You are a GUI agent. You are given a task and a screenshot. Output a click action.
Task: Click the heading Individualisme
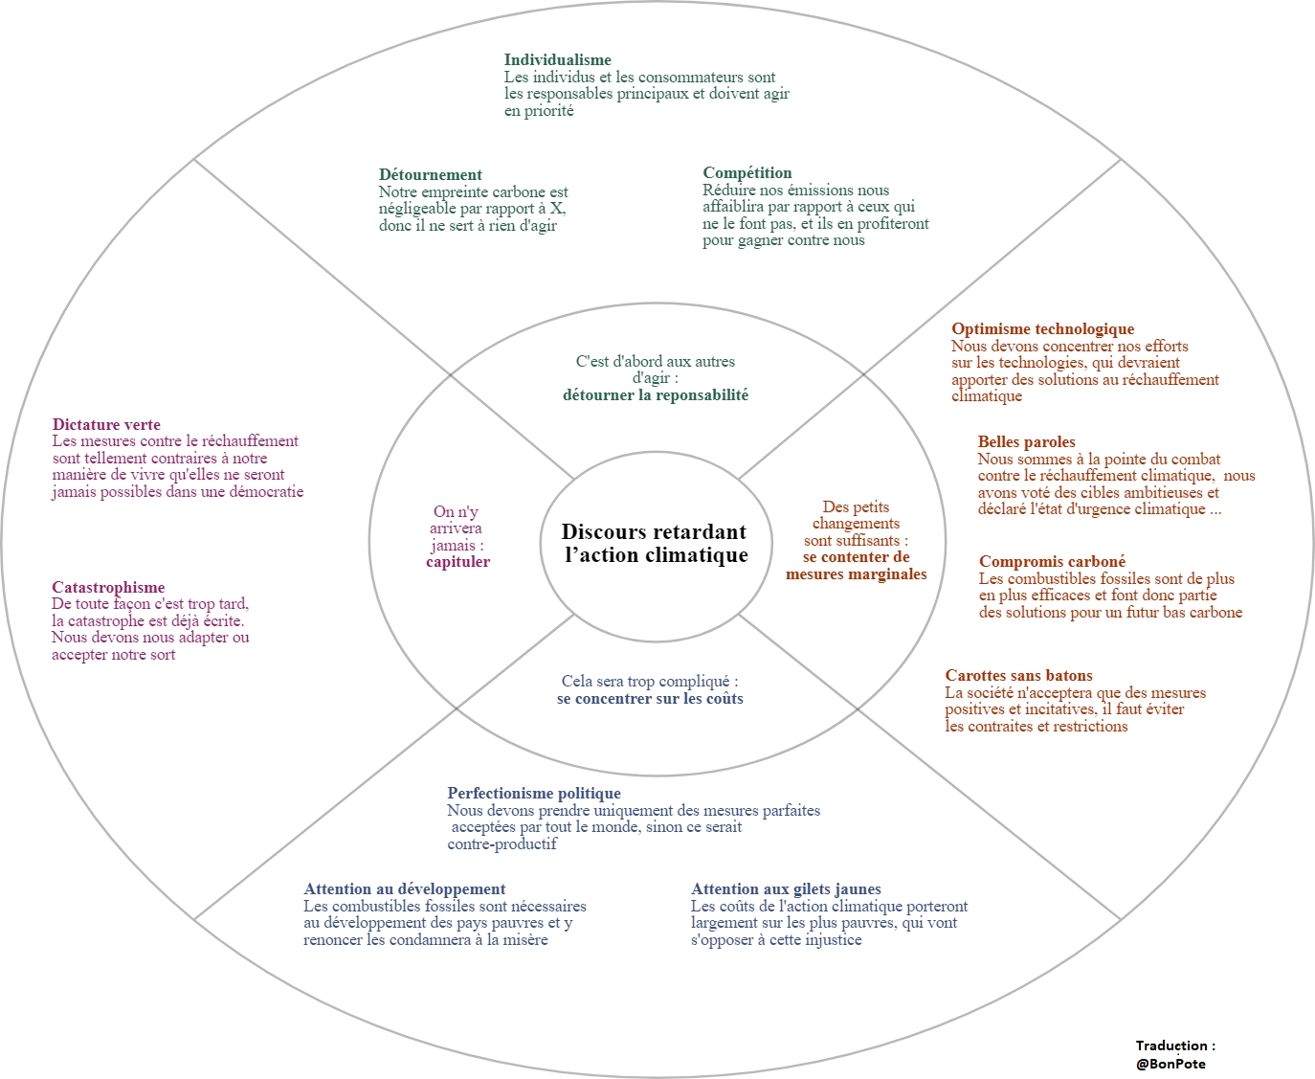tap(557, 60)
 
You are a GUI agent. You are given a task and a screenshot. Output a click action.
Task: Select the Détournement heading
tap(430, 175)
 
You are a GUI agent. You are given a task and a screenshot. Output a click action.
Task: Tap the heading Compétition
tap(747, 173)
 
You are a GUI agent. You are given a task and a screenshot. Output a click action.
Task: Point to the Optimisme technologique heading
tap(1042, 329)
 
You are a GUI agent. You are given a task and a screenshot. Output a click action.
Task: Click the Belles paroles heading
tap(1026, 442)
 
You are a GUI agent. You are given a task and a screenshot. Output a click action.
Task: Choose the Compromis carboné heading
tap(1052, 562)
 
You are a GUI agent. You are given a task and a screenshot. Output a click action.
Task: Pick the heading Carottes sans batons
tap(1018, 676)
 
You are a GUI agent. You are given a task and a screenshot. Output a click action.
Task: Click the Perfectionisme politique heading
tap(533, 794)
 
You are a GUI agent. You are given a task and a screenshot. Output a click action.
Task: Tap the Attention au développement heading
tap(404, 889)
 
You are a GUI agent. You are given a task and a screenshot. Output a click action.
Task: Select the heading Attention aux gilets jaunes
tap(786, 889)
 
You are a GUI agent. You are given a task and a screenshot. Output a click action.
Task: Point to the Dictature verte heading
tap(106, 425)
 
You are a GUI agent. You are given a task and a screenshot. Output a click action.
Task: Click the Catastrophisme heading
tap(108, 588)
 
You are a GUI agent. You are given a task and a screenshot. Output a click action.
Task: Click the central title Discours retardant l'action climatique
tap(655, 544)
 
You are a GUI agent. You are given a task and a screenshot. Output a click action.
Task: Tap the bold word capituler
tap(457, 562)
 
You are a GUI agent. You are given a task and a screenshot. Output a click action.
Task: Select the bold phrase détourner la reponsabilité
tap(656, 395)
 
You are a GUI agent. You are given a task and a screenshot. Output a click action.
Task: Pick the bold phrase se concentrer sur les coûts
tap(650, 699)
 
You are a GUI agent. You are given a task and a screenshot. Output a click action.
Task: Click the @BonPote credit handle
tap(1170, 1064)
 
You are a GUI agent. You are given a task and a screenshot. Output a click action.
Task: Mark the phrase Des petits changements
tap(856, 515)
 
